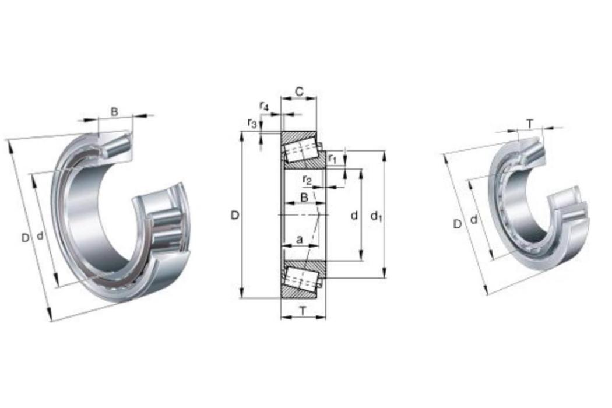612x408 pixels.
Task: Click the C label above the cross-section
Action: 299,92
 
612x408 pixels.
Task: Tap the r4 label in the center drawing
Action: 264,106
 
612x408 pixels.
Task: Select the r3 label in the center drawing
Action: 252,124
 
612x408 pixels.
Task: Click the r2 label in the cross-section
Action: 307,180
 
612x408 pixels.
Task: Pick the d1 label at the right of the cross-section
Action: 376,216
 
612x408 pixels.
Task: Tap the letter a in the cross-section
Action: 300,240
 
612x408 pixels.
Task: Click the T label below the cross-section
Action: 303,311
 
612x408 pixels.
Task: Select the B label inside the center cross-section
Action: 304,197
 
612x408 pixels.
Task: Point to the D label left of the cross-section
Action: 235,215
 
